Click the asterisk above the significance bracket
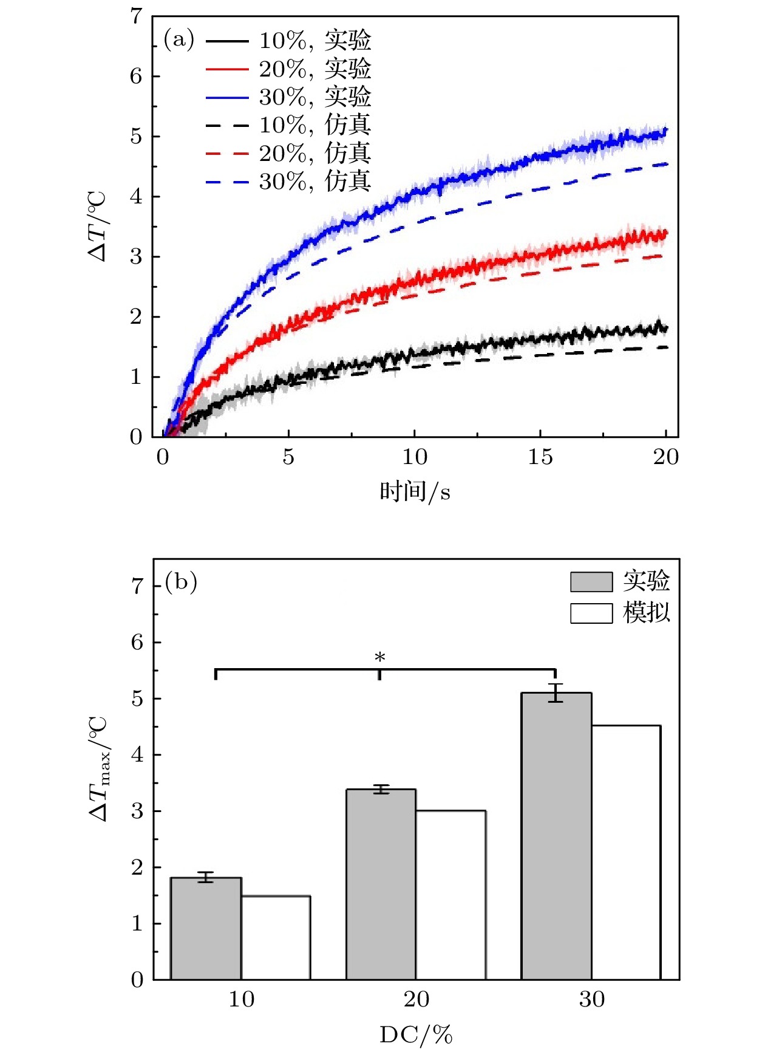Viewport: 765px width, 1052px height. (380, 658)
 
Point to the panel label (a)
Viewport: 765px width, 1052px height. (179, 40)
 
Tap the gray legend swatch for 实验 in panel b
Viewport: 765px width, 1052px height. (591, 582)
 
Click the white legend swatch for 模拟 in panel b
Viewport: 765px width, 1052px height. (591, 613)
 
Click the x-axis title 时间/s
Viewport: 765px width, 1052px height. (415, 491)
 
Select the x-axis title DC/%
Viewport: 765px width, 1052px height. (416, 1034)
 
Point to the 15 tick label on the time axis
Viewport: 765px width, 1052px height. (540, 457)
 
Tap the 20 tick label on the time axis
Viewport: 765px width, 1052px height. (666, 457)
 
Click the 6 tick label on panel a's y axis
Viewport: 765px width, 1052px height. (137, 77)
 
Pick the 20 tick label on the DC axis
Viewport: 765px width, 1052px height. (416, 999)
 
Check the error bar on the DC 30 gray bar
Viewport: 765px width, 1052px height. (556, 692)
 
